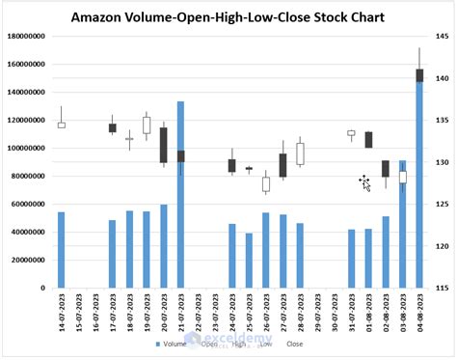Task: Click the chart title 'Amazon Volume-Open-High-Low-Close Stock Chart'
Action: point(227,17)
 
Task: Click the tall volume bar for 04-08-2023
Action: point(419,193)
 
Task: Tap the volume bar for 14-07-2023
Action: point(62,250)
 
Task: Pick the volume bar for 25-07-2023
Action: point(249,261)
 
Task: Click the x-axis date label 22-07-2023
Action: point(198,314)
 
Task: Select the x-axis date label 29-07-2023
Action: point(317,314)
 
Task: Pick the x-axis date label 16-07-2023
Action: point(95,314)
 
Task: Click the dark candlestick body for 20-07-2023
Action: point(164,145)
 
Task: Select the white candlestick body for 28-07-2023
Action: point(300,153)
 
